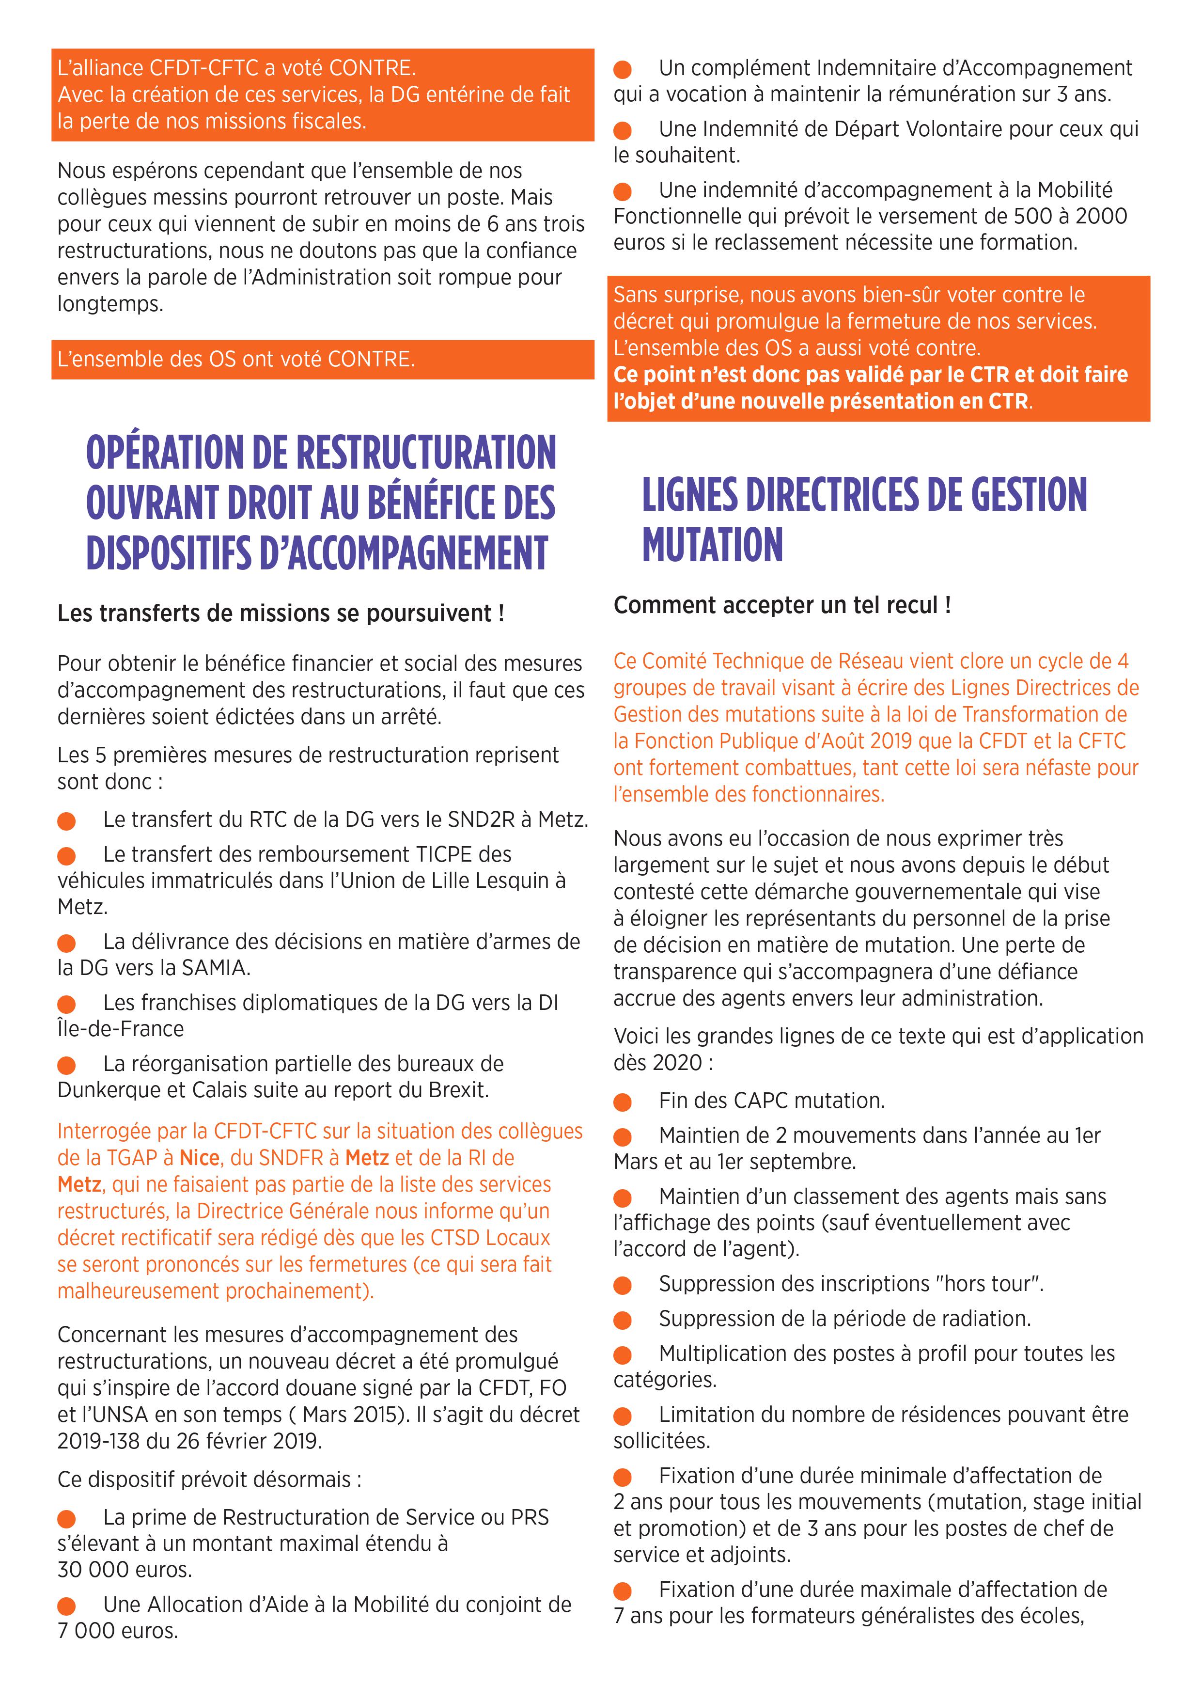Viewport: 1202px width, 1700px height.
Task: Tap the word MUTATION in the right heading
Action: click(x=712, y=545)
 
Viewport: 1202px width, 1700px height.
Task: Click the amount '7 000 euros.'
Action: click(x=118, y=1630)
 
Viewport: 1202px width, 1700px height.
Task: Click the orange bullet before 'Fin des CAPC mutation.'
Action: click(x=623, y=1102)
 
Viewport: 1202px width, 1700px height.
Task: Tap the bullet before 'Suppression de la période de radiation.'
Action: click(x=623, y=1320)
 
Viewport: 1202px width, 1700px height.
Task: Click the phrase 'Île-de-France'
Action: click(x=121, y=1028)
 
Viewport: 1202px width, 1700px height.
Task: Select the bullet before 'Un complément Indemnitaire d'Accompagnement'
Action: click(x=623, y=70)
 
